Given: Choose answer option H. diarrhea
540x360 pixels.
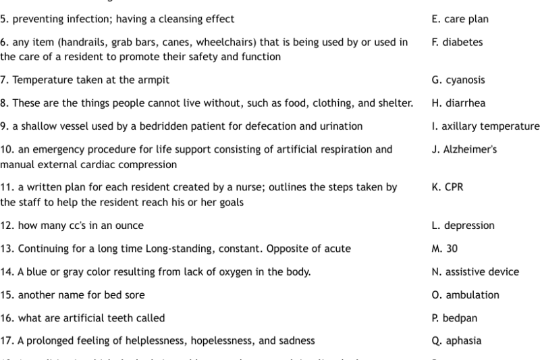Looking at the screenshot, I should point(458,103).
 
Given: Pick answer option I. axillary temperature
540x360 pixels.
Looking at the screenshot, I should point(485,126).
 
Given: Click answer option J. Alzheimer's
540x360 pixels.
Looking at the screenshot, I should point(464,149).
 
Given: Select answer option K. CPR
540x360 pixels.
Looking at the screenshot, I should point(449,187).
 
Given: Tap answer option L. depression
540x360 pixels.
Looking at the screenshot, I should point(463,226).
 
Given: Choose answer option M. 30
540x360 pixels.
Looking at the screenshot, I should point(444,249).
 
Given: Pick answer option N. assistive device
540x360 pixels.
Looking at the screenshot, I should point(475,272).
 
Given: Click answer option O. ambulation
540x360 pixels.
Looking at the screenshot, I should point(465,294).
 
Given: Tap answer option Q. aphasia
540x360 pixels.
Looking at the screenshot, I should point(456,340).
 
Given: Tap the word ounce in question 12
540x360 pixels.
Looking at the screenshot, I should point(130,226).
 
